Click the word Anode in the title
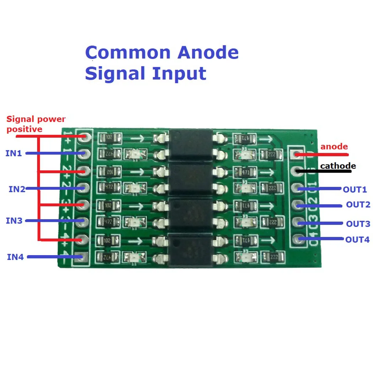pyautogui.click(x=208, y=53)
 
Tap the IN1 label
pyautogui.click(x=13, y=153)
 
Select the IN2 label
pyautogui.click(x=17, y=189)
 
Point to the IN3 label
pyautogui.click(x=14, y=221)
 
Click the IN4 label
pyautogui.click(x=15, y=256)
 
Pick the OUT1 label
pyautogui.click(x=354, y=189)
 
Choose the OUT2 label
pyautogui.click(x=358, y=205)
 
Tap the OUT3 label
pyautogui.click(x=358, y=224)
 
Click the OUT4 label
pyautogui.click(x=357, y=239)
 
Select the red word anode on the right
pyautogui.click(x=334, y=146)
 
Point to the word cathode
pyautogui.click(x=338, y=166)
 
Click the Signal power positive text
pyautogui.click(x=36, y=124)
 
